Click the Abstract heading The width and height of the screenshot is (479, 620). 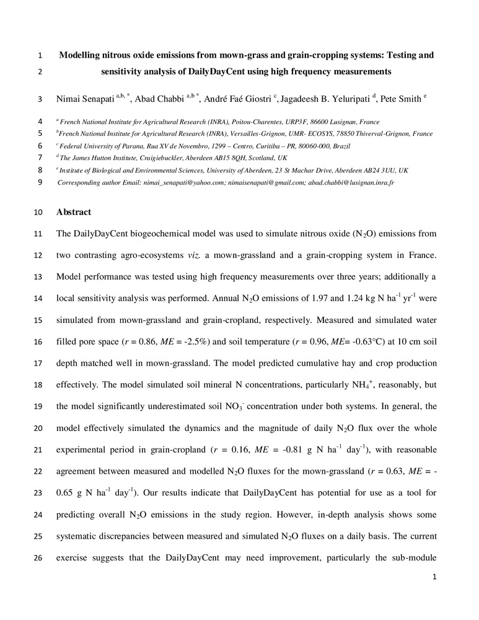[x=74, y=212]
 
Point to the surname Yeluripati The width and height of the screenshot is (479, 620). [x=344, y=98]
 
